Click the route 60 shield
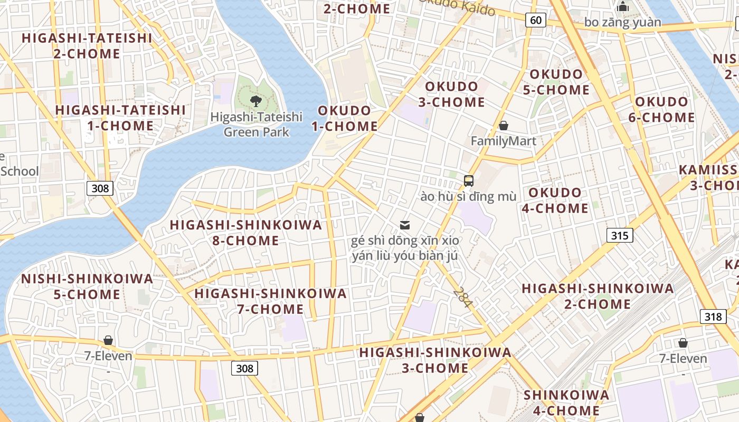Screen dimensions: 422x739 (x=535, y=20)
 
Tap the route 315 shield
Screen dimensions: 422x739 (x=619, y=235)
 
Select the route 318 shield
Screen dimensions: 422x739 (x=713, y=316)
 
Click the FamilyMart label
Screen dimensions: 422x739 (x=503, y=141)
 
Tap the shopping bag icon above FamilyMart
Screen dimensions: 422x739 (x=504, y=126)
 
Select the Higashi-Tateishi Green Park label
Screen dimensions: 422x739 (x=256, y=124)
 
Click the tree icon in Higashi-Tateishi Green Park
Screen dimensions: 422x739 (x=256, y=101)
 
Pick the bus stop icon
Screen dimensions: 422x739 (x=469, y=181)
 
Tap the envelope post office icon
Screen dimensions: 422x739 (x=405, y=225)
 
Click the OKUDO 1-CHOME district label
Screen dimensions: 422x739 (x=344, y=119)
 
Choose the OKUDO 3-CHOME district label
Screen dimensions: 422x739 (x=451, y=94)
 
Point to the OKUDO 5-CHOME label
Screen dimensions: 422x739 (x=556, y=82)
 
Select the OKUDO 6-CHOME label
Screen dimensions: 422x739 (x=661, y=109)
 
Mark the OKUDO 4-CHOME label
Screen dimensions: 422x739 (x=555, y=200)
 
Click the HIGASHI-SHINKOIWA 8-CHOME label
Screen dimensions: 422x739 (x=245, y=233)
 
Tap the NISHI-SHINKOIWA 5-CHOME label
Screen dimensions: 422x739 (x=87, y=286)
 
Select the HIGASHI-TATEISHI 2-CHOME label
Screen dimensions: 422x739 (x=87, y=46)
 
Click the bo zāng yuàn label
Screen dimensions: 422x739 (x=622, y=22)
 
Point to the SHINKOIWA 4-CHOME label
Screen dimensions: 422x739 (x=566, y=402)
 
